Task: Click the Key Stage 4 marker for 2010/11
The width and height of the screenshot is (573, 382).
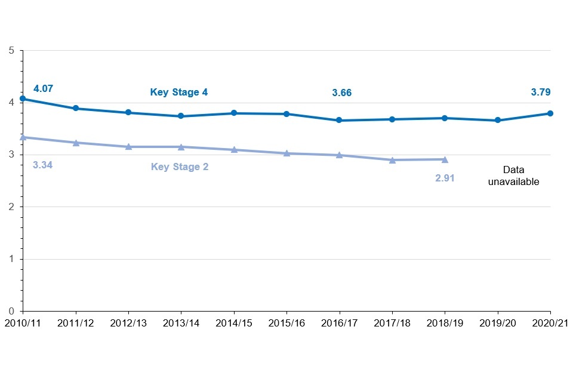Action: pyautogui.click(x=23, y=99)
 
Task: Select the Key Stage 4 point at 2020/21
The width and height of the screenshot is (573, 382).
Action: pyautogui.click(x=550, y=113)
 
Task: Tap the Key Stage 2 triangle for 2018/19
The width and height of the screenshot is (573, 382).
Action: pyautogui.click(x=445, y=159)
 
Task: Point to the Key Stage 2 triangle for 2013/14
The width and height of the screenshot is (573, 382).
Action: pyautogui.click(x=181, y=147)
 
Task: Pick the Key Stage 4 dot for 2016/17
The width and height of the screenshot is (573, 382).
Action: pyautogui.click(x=339, y=121)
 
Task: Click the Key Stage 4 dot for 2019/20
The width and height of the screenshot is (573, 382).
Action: pyautogui.click(x=498, y=121)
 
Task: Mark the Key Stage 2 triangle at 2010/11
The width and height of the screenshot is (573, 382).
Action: pyautogui.click(x=23, y=137)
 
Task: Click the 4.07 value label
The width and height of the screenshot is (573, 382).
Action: pyautogui.click(x=43, y=89)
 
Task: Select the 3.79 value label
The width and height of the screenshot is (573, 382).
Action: pyautogui.click(x=541, y=93)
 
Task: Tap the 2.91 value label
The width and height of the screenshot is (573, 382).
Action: pyautogui.click(x=445, y=178)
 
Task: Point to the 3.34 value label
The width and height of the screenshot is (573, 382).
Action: pyautogui.click(x=43, y=165)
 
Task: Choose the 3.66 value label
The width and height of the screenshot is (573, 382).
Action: pyautogui.click(x=342, y=93)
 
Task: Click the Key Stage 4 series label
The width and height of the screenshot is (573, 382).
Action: pyautogui.click(x=178, y=93)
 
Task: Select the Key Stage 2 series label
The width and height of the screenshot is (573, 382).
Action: pyautogui.click(x=180, y=167)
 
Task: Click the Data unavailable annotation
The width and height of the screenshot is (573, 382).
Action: pyautogui.click(x=513, y=176)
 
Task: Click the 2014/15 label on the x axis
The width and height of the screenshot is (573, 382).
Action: pyautogui.click(x=233, y=322)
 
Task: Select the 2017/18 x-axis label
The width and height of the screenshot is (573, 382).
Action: pyautogui.click(x=392, y=322)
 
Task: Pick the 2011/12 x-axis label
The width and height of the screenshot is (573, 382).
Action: pyautogui.click(x=75, y=322)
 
